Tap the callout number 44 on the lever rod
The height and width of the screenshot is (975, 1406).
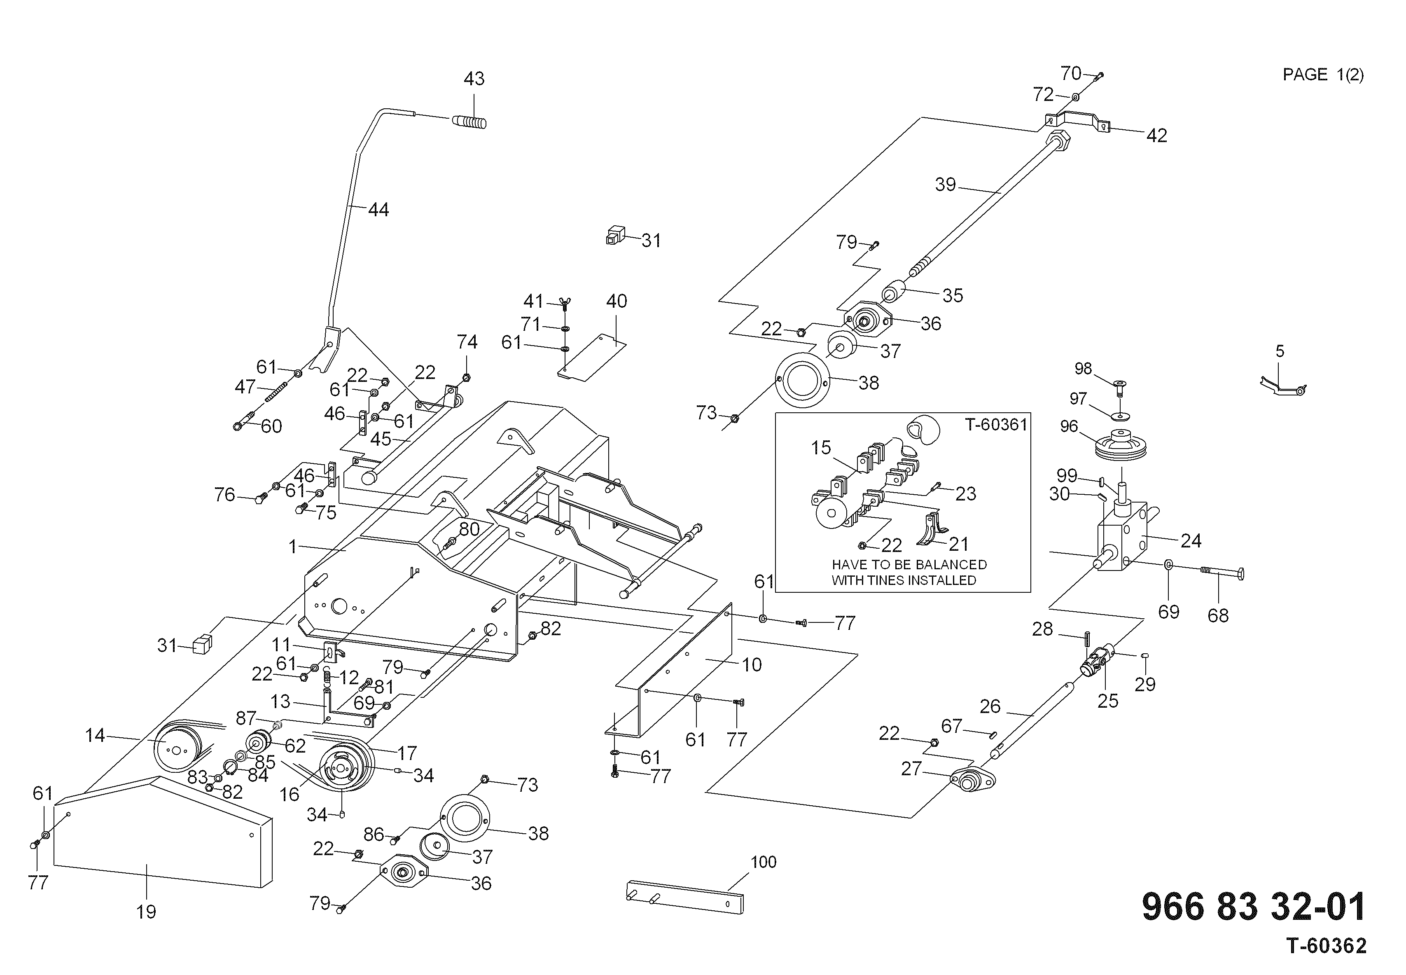[x=378, y=210]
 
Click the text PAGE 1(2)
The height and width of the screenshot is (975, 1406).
[x=1323, y=75]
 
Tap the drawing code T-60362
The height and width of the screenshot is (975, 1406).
[x=1327, y=946]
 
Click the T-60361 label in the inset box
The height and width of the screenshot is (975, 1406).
[x=996, y=424]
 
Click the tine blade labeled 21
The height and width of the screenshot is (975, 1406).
[x=932, y=528]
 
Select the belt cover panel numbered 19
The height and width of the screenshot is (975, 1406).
[x=162, y=831]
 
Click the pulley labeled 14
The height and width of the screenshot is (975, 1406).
[x=177, y=746]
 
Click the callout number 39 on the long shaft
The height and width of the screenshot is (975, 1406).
[x=946, y=185]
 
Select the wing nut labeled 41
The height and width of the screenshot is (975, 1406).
[x=564, y=303]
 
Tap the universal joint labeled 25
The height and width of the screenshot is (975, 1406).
[x=1098, y=661]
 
